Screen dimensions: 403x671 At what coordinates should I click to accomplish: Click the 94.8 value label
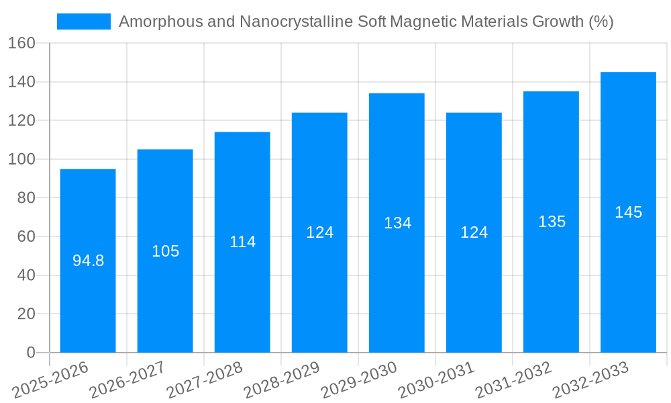pyautogui.click(x=88, y=261)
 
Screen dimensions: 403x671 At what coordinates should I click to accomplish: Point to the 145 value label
pyautogui.click(x=628, y=212)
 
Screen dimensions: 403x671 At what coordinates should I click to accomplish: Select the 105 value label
pyautogui.click(x=165, y=251)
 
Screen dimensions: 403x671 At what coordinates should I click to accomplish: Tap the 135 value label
pyautogui.click(x=552, y=222)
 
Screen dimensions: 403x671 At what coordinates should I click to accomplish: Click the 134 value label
pyautogui.click(x=397, y=223)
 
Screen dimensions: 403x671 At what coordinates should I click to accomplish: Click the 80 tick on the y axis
pyautogui.click(x=25, y=198)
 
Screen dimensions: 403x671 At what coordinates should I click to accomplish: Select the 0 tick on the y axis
pyautogui.click(x=30, y=353)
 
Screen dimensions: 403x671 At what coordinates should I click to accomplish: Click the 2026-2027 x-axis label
pyautogui.click(x=127, y=380)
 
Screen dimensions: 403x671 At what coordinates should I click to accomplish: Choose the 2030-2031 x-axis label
pyautogui.click(x=436, y=380)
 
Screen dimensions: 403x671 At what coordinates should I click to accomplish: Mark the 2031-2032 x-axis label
pyautogui.click(x=513, y=380)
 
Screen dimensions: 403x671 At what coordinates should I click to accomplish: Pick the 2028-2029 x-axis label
pyautogui.click(x=282, y=380)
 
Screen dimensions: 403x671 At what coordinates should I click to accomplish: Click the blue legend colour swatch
pyautogui.click(x=84, y=21)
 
